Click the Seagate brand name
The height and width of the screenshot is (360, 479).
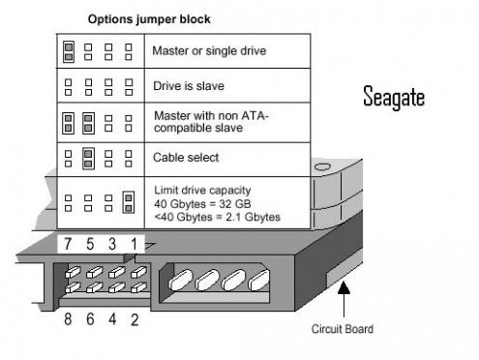coord(393,97)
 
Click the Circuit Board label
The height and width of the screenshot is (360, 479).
coord(342,329)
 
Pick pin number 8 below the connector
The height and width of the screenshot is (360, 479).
coord(68,318)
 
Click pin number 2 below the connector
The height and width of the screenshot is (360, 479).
coord(135,318)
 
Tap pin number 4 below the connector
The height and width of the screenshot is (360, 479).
coord(113,318)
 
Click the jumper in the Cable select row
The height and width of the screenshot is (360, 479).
coord(88,157)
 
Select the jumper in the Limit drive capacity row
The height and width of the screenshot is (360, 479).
coord(129,201)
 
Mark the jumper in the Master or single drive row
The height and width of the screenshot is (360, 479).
coord(69,50)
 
